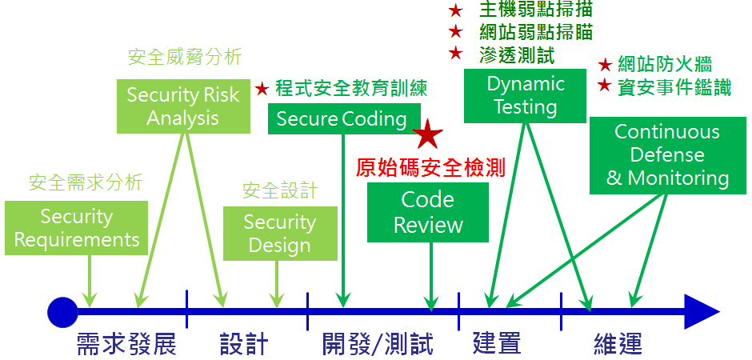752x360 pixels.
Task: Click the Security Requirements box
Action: click(x=77, y=228)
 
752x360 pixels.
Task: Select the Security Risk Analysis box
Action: click(x=183, y=106)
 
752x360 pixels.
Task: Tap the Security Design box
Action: click(x=279, y=234)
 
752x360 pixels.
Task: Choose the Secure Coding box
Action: click(x=342, y=119)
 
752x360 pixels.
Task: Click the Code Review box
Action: click(x=428, y=212)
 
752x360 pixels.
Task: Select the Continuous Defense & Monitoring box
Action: click(x=667, y=155)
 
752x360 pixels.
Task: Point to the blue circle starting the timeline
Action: click(x=62, y=312)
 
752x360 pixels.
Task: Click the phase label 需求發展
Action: click(x=126, y=345)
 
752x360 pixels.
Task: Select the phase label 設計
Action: click(x=243, y=345)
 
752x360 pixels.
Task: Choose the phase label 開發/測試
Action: click(x=378, y=345)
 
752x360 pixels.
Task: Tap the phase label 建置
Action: click(x=497, y=343)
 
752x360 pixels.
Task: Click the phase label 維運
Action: click(x=618, y=345)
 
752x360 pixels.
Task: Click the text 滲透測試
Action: click(x=517, y=54)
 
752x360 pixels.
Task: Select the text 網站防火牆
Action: click(x=665, y=65)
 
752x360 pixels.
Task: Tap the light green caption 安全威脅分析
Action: click(x=185, y=57)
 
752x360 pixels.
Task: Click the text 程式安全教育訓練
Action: click(x=351, y=88)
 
